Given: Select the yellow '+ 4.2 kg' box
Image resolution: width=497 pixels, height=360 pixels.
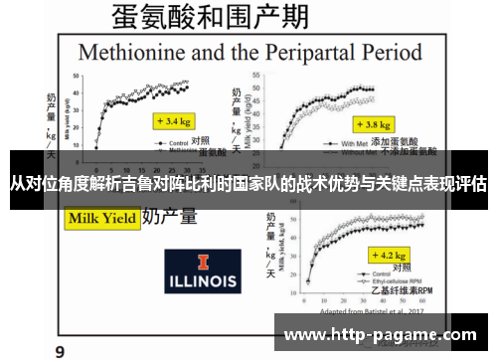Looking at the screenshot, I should pos(383,254).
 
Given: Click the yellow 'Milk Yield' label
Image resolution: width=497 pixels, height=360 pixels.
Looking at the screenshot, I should pos(100,217).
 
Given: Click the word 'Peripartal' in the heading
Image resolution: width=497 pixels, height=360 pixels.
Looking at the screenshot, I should pos(290,51).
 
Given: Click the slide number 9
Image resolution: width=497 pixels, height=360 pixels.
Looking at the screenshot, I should pos(60,350).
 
